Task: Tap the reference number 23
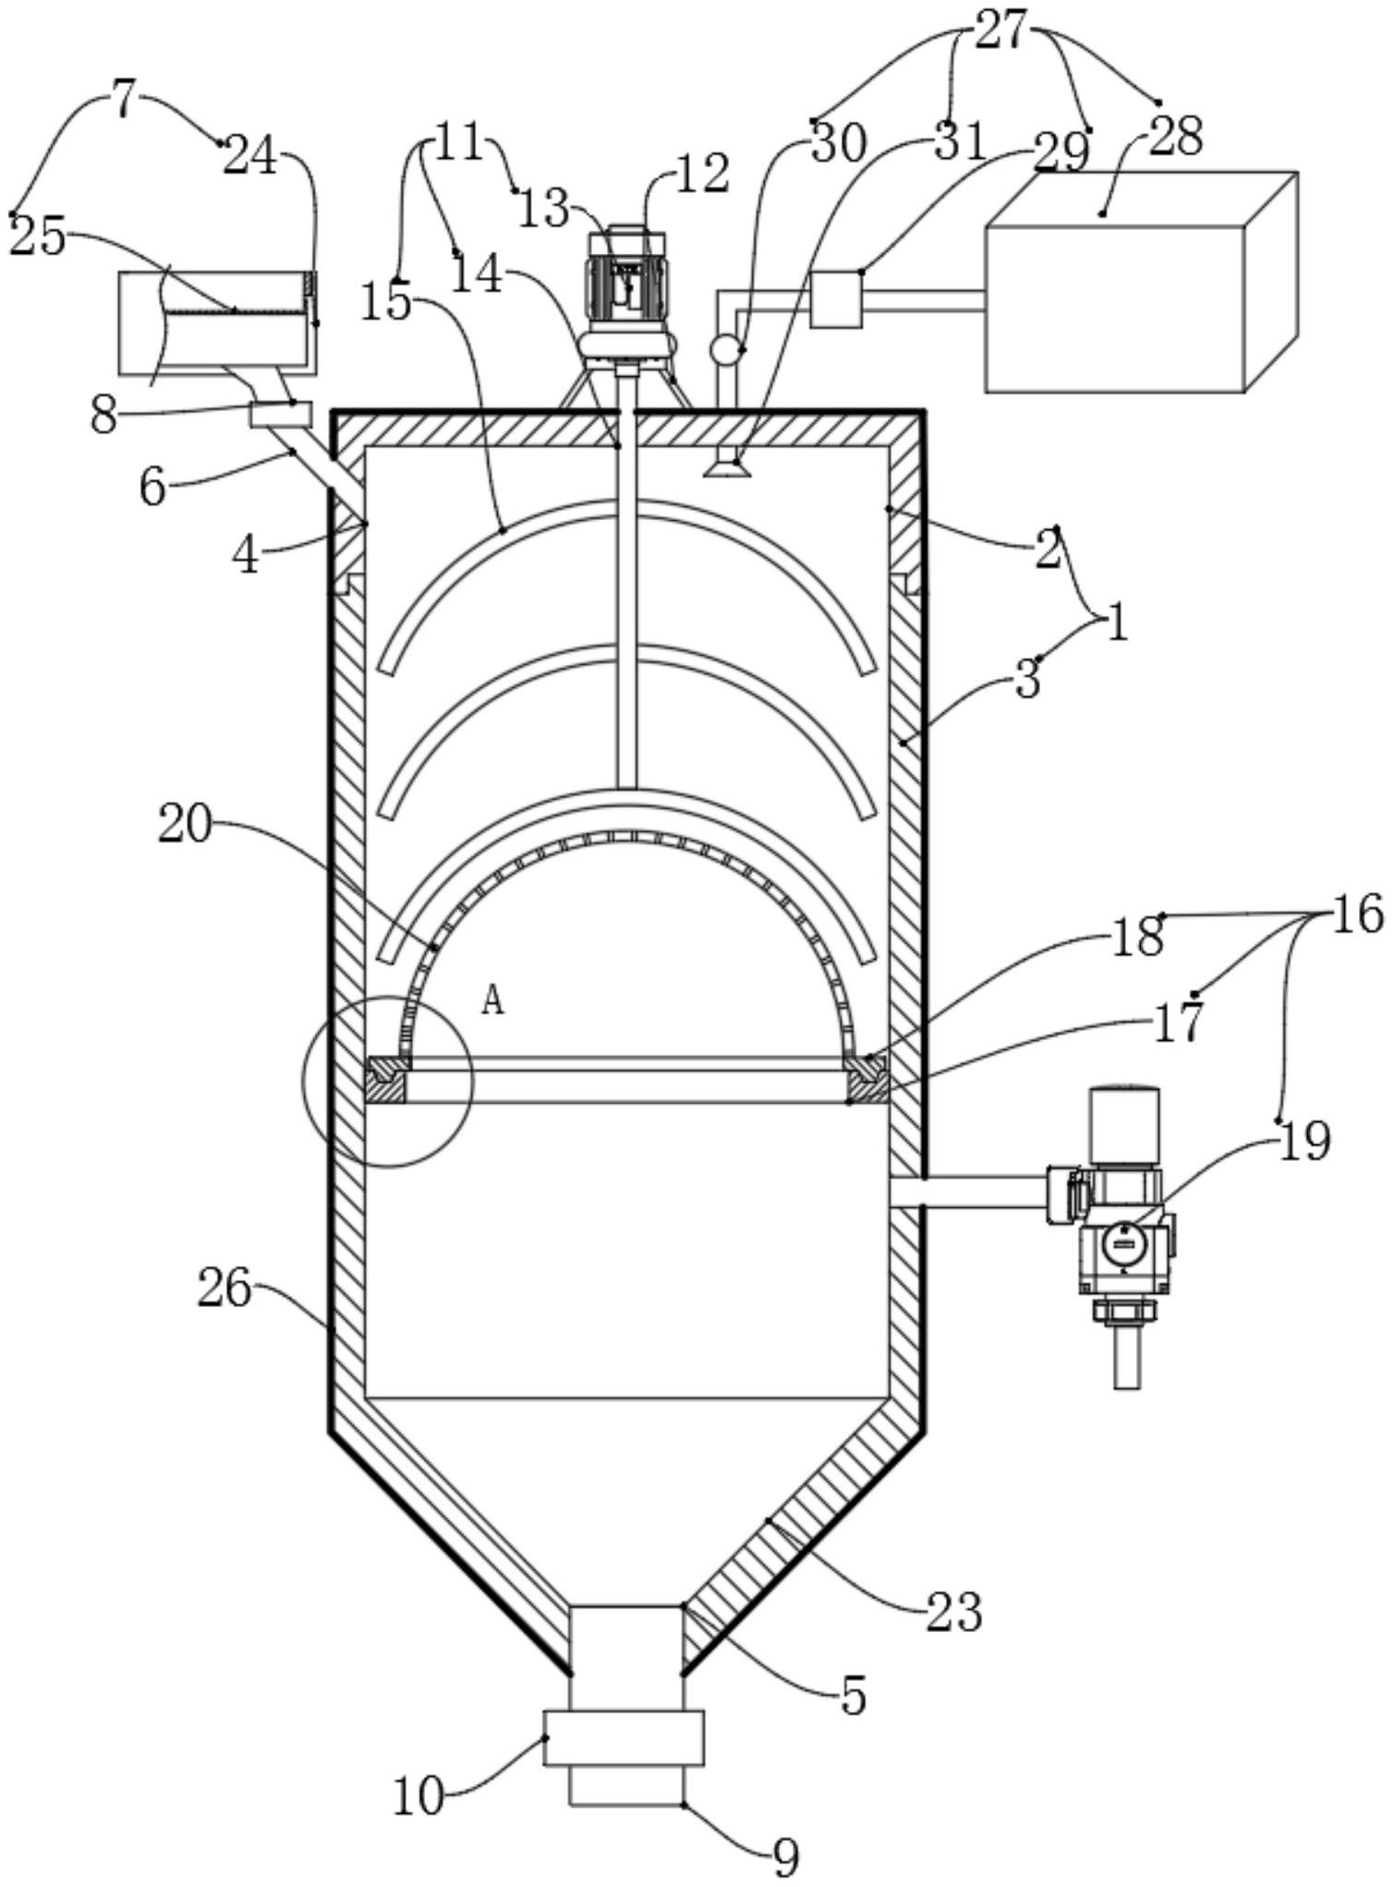(x=954, y=1613)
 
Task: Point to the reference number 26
(x=224, y=1288)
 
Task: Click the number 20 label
(x=185, y=824)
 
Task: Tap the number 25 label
(x=39, y=238)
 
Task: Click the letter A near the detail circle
(x=493, y=1000)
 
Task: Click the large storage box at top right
(x=1142, y=281)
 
